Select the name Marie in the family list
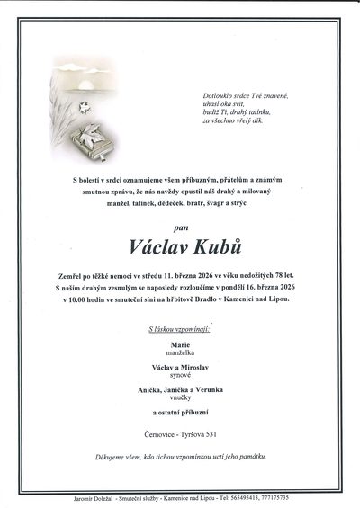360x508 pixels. point(180,343)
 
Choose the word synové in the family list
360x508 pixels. point(180,376)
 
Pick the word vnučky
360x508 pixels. point(180,399)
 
